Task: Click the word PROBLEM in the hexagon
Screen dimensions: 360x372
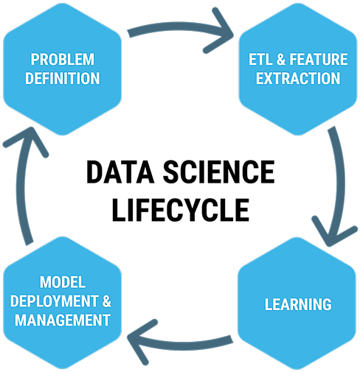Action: point(63,60)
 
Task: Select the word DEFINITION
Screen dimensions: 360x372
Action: point(63,78)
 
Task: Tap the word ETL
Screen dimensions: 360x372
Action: point(260,60)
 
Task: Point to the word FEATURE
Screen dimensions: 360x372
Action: point(319,60)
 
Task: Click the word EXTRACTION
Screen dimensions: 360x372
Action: point(298,78)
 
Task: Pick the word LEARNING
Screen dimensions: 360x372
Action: point(298,304)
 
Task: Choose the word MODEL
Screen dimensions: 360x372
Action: point(63,282)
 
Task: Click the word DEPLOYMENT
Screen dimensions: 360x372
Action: point(55,301)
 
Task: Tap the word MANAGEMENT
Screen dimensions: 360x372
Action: point(63,320)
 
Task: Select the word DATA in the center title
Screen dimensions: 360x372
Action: point(120,172)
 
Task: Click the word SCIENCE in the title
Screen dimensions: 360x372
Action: point(219,172)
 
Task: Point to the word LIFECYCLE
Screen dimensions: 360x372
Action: point(181,210)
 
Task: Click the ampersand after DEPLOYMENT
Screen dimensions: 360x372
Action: point(107,301)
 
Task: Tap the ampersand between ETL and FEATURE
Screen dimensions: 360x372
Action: point(281,60)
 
